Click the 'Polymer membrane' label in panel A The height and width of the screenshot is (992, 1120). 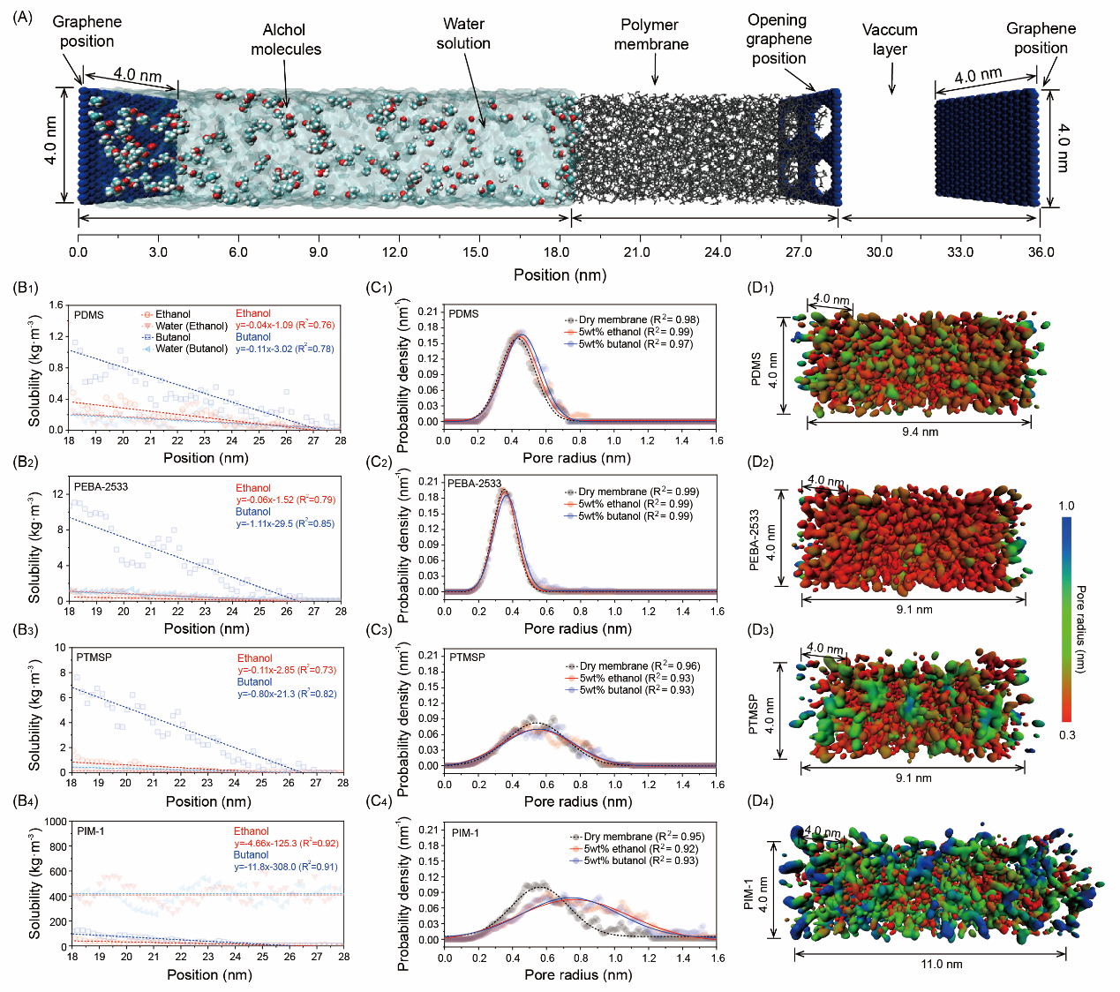click(650, 34)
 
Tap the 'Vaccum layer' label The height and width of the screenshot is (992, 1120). click(890, 40)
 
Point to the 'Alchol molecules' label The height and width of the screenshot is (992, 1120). click(285, 40)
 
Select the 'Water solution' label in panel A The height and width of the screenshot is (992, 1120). click(463, 34)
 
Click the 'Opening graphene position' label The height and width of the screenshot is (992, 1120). click(778, 39)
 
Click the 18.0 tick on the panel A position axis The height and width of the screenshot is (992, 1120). click(557, 252)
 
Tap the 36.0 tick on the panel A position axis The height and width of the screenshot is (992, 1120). click(1041, 252)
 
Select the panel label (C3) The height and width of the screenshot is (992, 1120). click(380, 630)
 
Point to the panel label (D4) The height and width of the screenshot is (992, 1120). click(760, 801)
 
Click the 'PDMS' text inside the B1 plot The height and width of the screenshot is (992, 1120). click(89, 315)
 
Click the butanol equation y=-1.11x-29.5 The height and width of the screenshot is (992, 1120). click(285, 524)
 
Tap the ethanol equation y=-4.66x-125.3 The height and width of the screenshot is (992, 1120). click(286, 844)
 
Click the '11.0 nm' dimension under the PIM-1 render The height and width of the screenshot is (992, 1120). click(942, 964)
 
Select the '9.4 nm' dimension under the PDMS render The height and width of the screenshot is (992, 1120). click(920, 432)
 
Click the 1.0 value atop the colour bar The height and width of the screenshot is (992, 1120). click(1066, 507)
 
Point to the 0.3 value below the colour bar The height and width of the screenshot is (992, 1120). click(1067, 735)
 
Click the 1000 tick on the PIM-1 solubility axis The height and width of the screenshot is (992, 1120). click(55, 822)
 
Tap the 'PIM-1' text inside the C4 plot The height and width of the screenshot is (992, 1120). click(465, 833)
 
